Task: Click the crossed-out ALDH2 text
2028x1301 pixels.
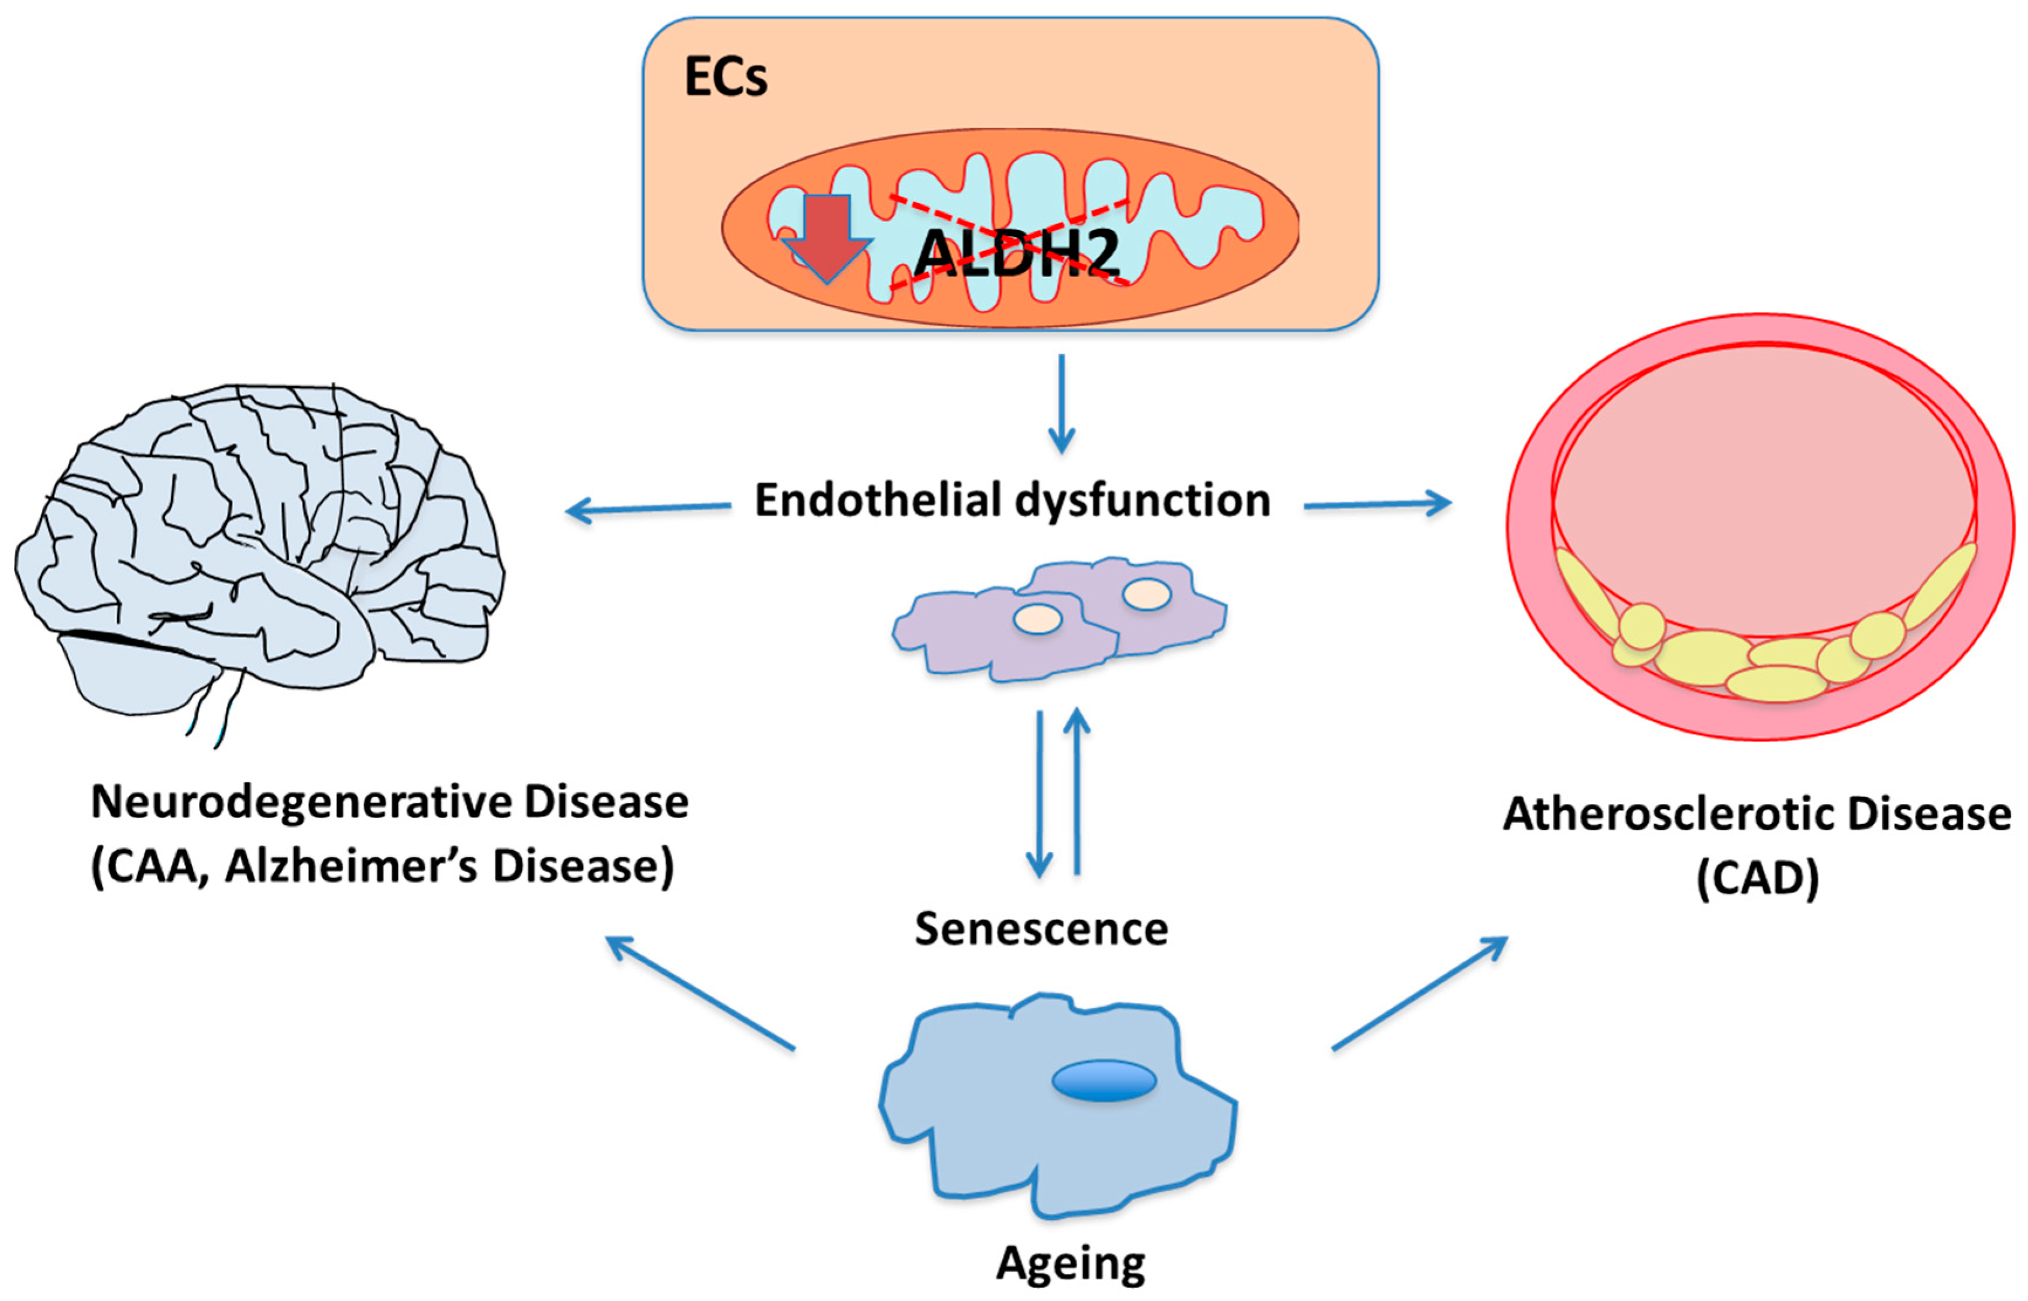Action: [1017, 251]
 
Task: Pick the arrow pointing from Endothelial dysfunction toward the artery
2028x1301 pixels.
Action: [1377, 504]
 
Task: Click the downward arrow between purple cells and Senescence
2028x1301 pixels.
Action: [1039, 794]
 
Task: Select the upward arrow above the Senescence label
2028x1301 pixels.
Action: [1076, 790]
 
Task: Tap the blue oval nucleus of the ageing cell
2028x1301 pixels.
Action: [1103, 1080]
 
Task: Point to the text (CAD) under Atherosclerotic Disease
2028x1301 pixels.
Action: [1757, 878]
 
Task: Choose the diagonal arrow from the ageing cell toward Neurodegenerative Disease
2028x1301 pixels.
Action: [701, 994]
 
